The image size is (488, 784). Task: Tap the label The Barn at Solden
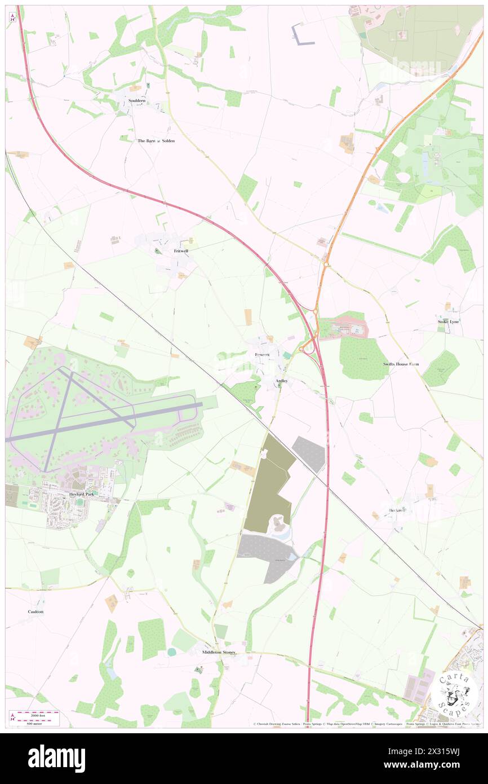pyautogui.click(x=156, y=140)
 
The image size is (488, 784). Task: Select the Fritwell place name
pyautogui.click(x=181, y=250)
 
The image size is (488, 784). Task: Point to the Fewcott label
pyautogui.click(x=262, y=354)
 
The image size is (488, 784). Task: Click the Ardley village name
pyautogui.click(x=282, y=381)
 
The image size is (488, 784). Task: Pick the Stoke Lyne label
pyautogui.click(x=449, y=321)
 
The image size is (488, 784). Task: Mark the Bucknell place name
pyautogui.click(x=397, y=510)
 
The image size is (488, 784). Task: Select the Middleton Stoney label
pyautogui.click(x=219, y=652)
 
